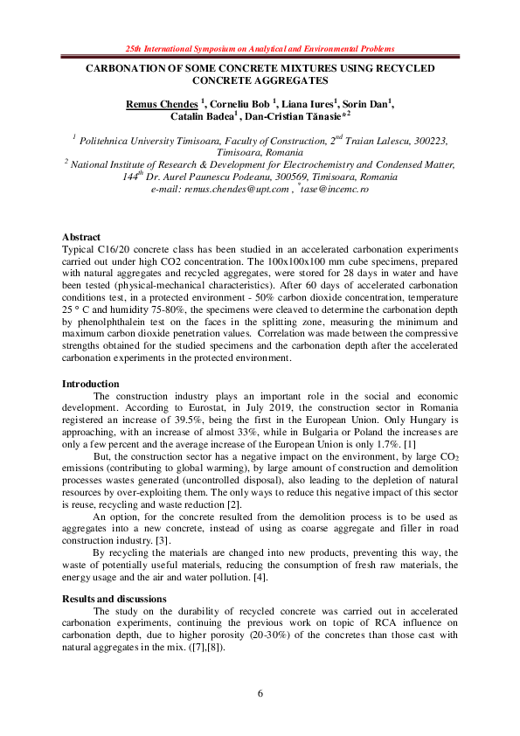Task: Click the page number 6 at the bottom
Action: tap(260, 693)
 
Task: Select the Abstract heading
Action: tap(81, 238)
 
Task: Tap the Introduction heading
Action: tap(90, 384)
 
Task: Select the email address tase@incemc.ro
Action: tap(336, 189)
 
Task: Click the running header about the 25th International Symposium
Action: tap(260, 48)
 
